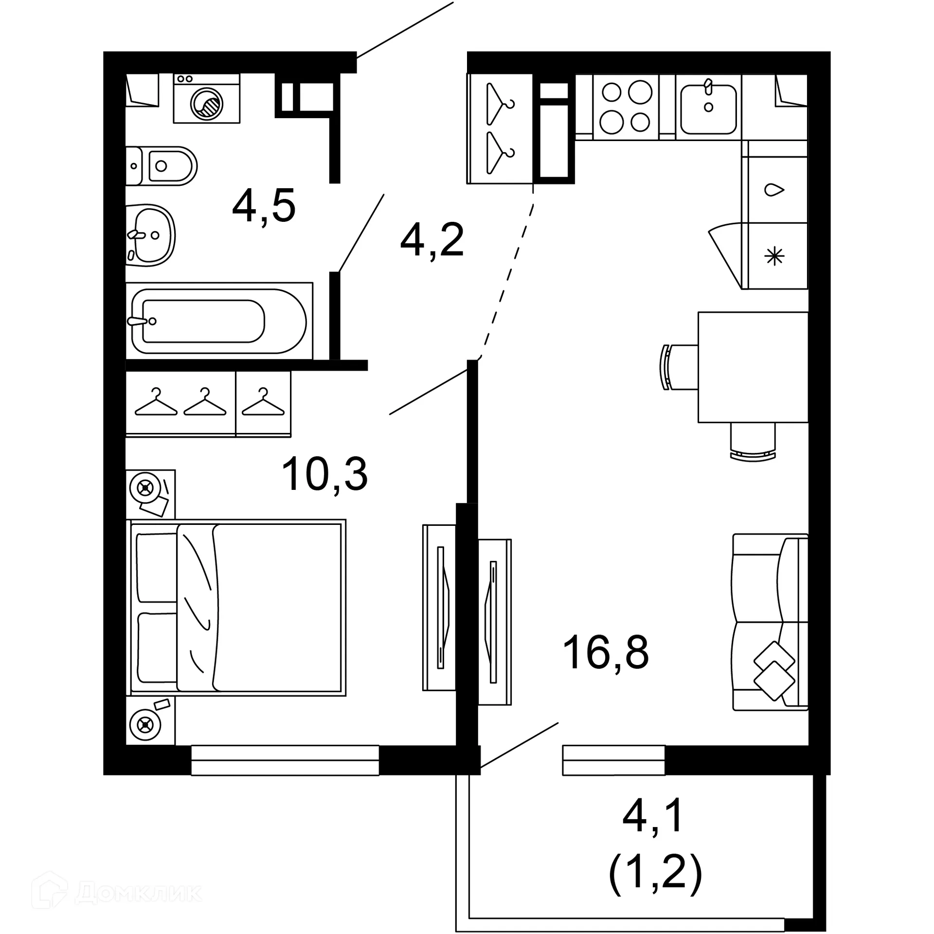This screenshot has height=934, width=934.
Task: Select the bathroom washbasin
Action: (x=150, y=235)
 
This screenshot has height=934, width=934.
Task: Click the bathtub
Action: (x=219, y=321)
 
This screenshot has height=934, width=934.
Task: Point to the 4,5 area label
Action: (x=264, y=206)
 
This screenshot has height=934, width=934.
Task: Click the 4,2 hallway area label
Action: (x=432, y=241)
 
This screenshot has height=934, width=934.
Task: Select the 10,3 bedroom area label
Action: (x=324, y=474)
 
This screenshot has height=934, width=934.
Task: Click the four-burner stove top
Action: (x=626, y=107)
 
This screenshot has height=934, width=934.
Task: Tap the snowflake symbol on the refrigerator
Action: (x=774, y=256)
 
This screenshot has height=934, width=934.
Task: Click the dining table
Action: (x=753, y=367)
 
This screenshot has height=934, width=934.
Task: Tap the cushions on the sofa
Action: (x=774, y=671)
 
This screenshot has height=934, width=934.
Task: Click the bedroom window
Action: (x=285, y=760)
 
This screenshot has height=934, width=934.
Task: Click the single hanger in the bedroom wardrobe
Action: (x=263, y=403)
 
